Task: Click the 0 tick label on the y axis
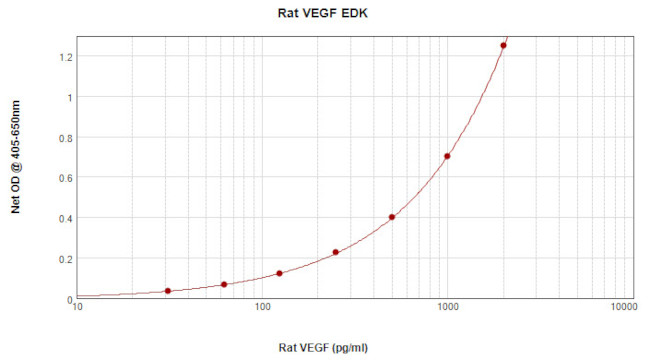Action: point(67,299)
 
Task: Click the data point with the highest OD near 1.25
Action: point(503,46)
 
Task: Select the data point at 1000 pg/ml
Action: point(447,156)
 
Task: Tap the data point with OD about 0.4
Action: point(392,217)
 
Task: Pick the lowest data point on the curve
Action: point(167,291)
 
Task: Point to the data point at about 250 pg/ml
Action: point(336,252)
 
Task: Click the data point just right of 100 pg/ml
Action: point(279,274)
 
